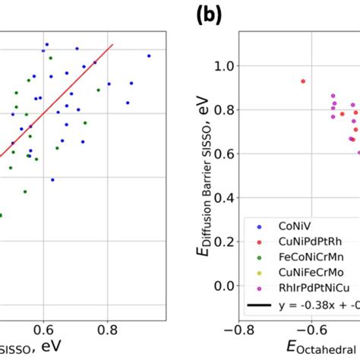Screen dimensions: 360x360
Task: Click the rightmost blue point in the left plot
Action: (x=149, y=55)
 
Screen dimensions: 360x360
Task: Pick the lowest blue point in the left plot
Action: (x=52, y=180)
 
